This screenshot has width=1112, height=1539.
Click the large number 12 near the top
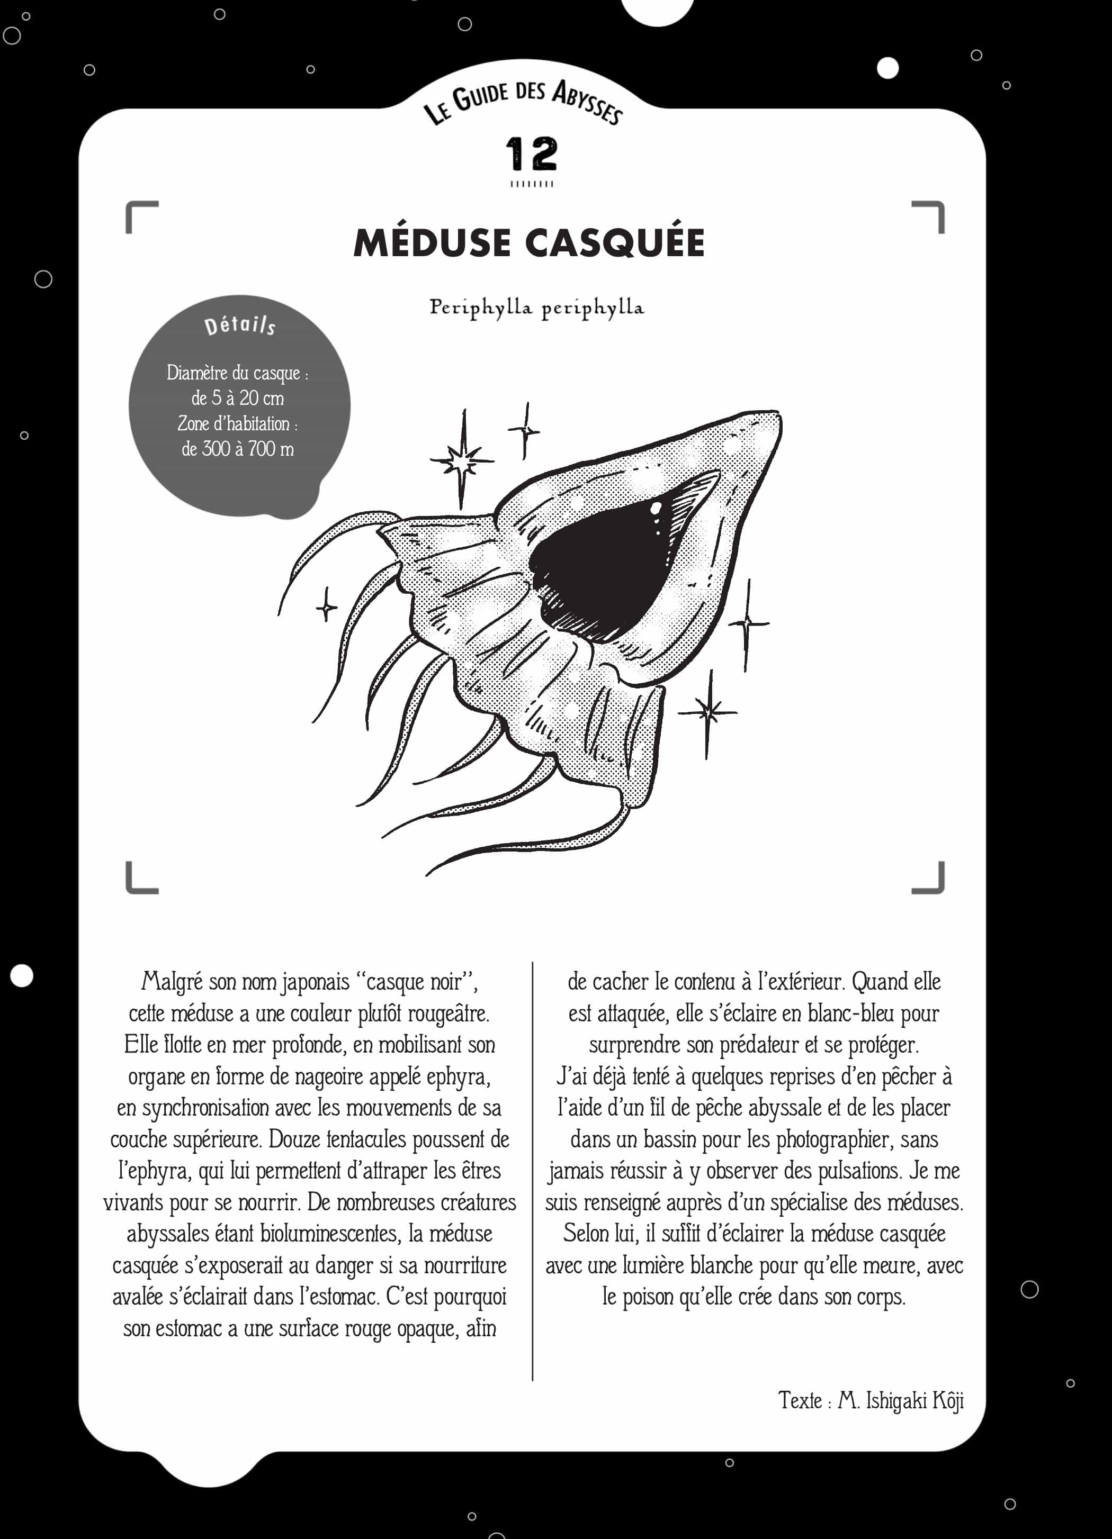[532, 154]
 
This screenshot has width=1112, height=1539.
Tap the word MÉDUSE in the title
[432, 243]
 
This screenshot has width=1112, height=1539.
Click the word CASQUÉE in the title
[616, 243]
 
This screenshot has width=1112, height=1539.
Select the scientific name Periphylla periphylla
[536, 307]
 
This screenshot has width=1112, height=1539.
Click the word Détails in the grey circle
[240, 325]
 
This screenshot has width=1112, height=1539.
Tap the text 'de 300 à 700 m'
[238, 449]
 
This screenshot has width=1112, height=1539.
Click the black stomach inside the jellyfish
[597, 570]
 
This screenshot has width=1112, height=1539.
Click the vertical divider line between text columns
[532, 1167]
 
